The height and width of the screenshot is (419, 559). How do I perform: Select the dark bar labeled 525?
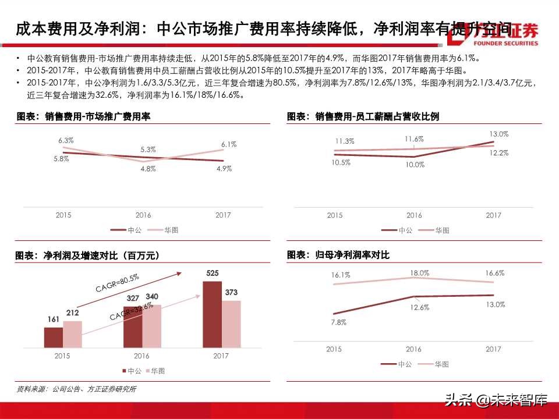pos(213,314)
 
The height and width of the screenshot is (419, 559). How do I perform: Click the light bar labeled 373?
pos(231,324)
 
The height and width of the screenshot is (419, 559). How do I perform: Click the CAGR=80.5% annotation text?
pos(117,284)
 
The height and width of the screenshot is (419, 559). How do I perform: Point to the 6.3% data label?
pos(66,140)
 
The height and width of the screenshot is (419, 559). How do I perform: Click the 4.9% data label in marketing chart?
pos(223,169)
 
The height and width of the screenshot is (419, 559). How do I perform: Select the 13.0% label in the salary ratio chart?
pos(499,134)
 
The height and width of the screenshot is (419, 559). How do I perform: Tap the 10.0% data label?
pos(415,165)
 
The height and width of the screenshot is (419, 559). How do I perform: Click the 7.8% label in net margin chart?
pos(338,322)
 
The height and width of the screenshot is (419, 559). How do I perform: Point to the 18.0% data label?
pos(419,272)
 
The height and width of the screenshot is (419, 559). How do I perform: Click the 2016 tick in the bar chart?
pos(141,356)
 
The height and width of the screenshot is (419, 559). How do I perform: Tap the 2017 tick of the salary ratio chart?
pos(493,215)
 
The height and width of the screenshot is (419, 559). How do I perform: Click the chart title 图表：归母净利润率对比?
pos(338,255)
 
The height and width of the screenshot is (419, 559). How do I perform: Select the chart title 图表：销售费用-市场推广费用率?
pos(83,117)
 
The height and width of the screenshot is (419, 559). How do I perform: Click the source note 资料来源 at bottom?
pos(75,389)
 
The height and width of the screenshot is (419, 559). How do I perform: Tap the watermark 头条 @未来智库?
pos(496,400)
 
